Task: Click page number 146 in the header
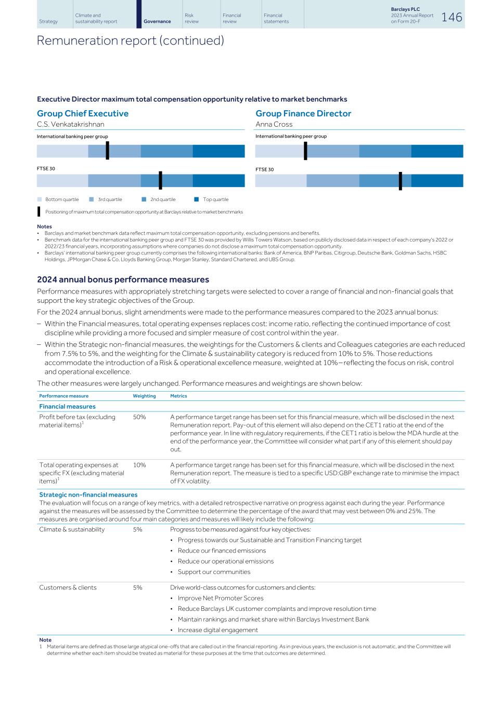(452, 17)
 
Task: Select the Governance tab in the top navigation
(157, 21)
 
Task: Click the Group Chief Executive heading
(83, 113)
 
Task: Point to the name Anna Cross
(274, 124)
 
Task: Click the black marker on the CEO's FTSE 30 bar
(160, 180)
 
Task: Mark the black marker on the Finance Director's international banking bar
(305, 151)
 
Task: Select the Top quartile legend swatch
(197, 199)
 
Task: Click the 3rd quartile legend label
(110, 199)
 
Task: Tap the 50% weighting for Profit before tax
(139, 417)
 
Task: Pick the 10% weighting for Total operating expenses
(139, 465)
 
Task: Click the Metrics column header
(178, 396)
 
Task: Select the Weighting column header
(144, 396)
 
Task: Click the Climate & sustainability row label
(72, 529)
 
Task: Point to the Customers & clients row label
(68, 587)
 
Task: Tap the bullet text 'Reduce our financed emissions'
(222, 551)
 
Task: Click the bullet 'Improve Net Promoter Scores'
(221, 598)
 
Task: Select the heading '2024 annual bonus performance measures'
(123, 279)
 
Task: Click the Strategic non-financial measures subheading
(88, 494)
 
